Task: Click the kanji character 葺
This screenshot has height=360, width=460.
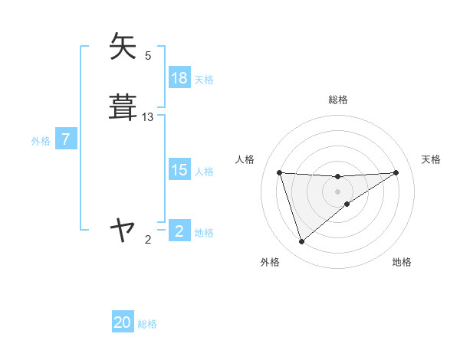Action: pos(123,106)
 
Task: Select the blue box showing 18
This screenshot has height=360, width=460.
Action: pos(179,78)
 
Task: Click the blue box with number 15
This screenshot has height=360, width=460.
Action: pos(179,170)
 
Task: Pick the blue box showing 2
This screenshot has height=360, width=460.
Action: pos(179,231)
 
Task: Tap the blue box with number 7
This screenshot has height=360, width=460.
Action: pos(66,139)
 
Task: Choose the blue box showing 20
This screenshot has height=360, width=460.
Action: pos(123,322)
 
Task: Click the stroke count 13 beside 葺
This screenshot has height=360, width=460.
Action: pos(148,116)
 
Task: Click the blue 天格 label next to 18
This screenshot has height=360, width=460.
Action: pos(204,79)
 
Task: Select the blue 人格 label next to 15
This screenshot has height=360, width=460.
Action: pos(204,172)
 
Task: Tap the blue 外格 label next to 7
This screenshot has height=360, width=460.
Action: pos(41,140)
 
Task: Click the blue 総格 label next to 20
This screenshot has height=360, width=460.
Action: pos(147,324)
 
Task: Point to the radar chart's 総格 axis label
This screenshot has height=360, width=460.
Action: pos(338,100)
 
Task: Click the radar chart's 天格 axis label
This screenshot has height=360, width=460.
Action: pos(432,159)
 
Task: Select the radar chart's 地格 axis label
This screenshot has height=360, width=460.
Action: pos(402,263)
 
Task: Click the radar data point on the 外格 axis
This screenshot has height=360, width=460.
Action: pos(301,242)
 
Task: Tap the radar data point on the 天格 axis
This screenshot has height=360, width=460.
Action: pos(396,172)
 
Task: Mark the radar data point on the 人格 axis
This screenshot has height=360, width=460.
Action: pos(280,172)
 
